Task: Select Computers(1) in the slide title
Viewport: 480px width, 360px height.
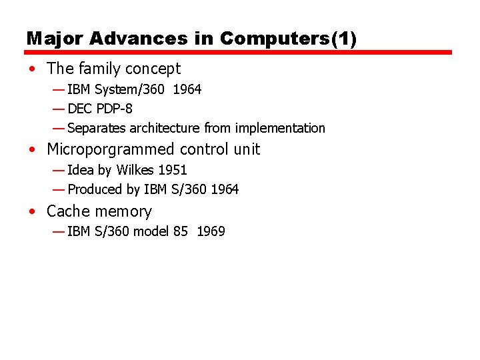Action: (289, 39)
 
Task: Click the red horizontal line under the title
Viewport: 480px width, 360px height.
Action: (239, 52)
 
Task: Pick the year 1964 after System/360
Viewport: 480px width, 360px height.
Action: (187, 89)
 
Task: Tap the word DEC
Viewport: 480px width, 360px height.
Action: (80, 109)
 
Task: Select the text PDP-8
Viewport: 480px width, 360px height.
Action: (114, 109)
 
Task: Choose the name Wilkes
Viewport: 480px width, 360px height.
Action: (135, 170)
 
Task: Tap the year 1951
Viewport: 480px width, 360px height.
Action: (173, 170)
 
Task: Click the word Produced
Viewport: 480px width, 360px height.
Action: (95, 189)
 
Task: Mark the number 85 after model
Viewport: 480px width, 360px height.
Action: (180, 232)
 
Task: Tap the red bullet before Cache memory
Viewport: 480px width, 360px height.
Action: (33, 212)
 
